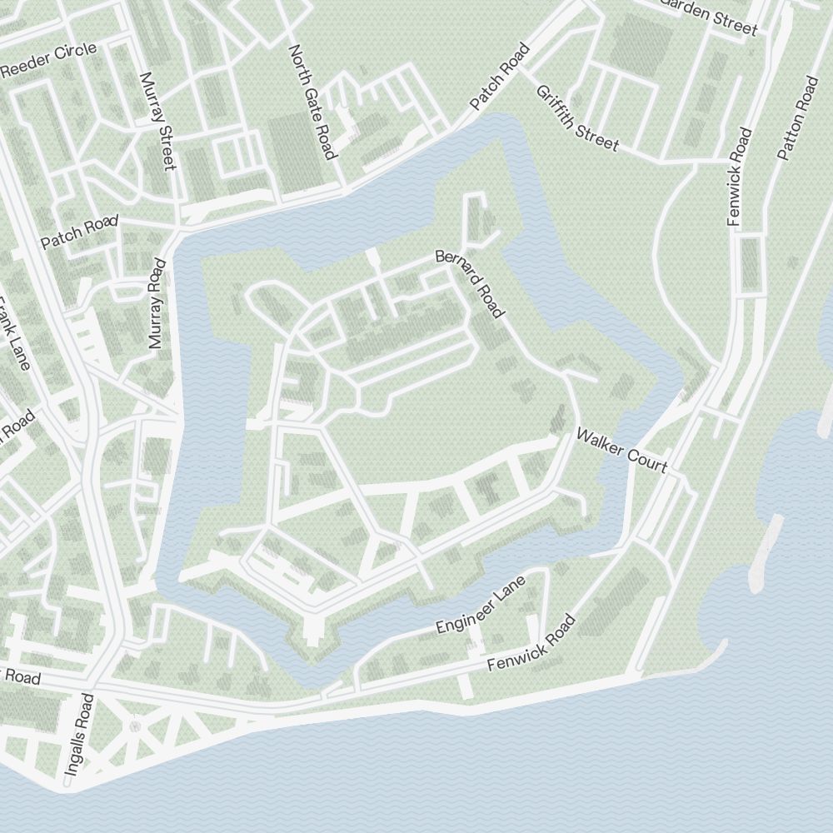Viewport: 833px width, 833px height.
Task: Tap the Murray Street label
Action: [158, 121]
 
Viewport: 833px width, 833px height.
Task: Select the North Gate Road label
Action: [312, 102]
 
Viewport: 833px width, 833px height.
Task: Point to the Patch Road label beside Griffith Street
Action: [500, 77]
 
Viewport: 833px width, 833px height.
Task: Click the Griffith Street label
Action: [577, 118]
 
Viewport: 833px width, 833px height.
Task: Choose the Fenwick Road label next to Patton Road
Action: [740, 177]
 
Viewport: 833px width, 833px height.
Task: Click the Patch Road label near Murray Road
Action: [79, 232]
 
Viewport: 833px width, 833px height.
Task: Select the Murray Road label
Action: [157, 303]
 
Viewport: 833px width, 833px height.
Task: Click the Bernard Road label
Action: [471, 283]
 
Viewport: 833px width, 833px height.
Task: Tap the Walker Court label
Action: [621, 450]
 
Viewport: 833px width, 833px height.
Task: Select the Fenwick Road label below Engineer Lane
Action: [531, 644]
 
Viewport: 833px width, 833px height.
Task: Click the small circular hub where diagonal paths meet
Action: [135, 726]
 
